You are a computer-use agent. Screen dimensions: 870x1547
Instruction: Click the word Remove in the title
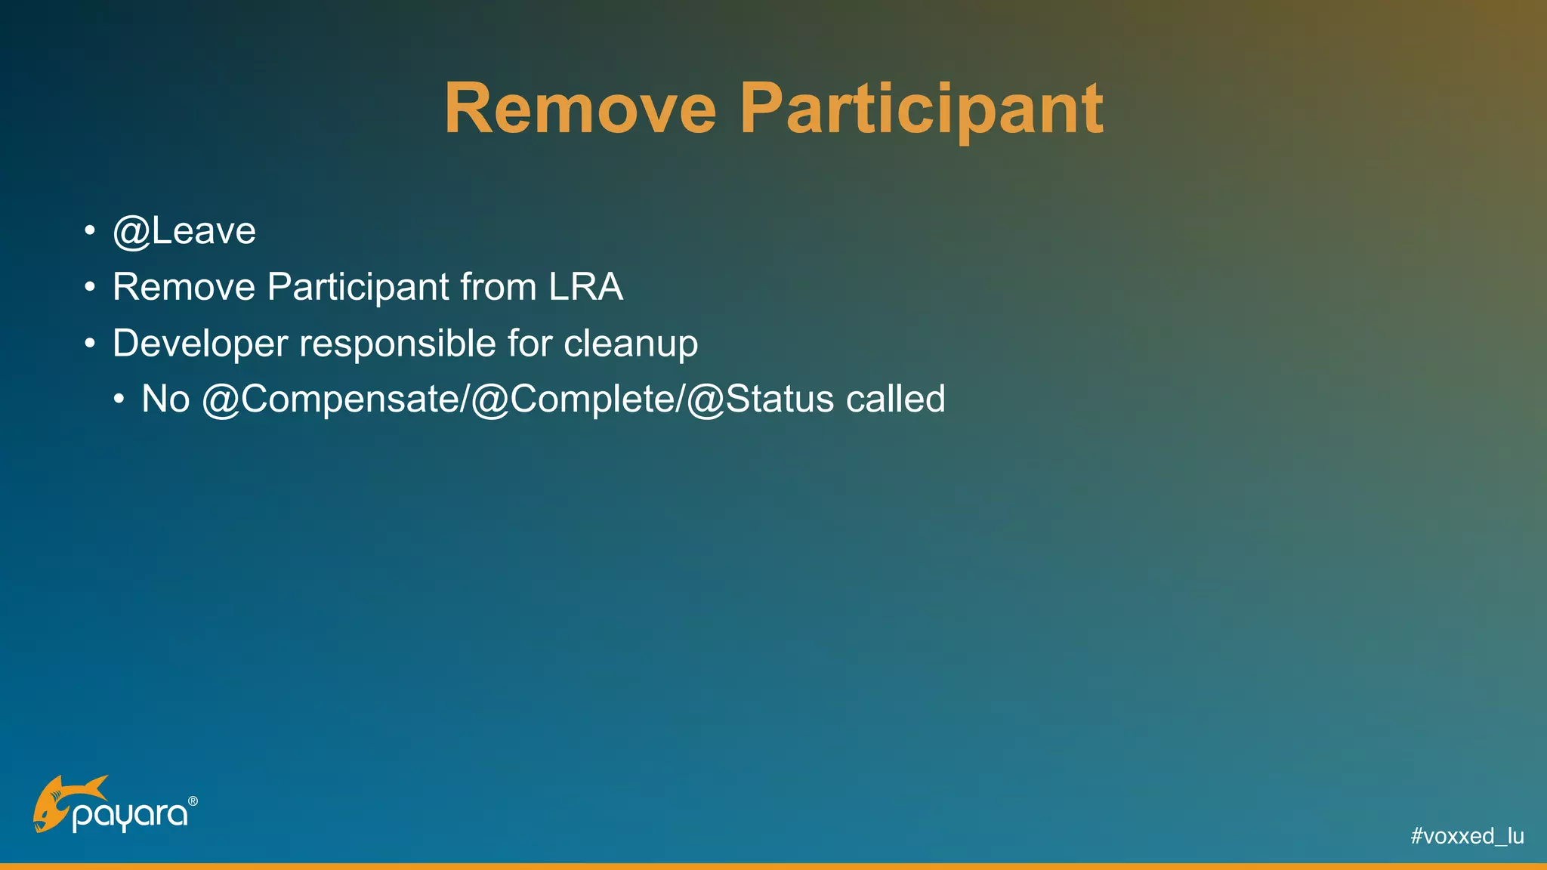click(579, 110)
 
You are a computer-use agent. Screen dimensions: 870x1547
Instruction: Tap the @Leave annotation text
click(184, 231)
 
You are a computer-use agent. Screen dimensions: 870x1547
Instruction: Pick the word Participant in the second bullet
click(359, 287)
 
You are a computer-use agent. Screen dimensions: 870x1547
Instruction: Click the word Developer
click(199, 344)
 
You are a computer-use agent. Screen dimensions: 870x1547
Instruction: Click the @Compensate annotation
click(332, 399)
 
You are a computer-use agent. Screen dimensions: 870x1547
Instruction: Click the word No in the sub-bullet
click(165, 399)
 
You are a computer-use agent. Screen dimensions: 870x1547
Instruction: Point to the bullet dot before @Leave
click(90, 230)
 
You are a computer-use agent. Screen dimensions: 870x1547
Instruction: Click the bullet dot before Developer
click(90, 344)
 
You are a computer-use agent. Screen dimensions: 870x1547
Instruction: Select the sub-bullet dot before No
click(119, 400)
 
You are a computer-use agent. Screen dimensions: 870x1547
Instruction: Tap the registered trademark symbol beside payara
click(193, 801)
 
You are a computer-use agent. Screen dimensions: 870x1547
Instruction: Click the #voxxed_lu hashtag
click(1467, 836)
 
